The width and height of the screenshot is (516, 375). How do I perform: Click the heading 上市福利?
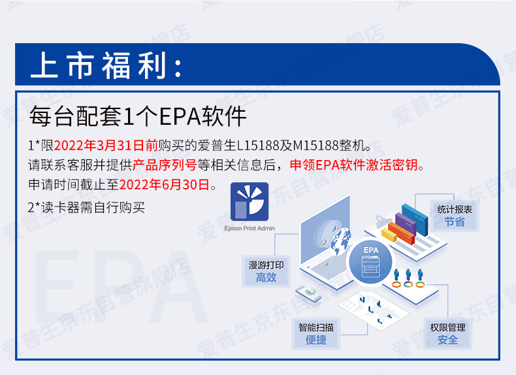[x=106, y=65]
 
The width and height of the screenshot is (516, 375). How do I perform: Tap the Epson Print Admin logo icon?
[x=250, y=201]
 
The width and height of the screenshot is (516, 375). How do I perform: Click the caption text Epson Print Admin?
[x=250, y=228]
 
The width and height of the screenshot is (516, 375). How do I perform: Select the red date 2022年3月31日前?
[x=106, y=145]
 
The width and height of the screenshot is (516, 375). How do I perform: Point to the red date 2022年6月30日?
[x=164, y=185]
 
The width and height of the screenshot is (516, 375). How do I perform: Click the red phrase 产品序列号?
[x=165, y=165]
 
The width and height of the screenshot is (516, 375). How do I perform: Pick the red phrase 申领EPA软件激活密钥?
[x=354, y=165]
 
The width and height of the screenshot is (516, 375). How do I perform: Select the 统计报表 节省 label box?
[x=455, y=216]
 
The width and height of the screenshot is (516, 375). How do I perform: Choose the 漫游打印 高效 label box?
[x=266, y=271]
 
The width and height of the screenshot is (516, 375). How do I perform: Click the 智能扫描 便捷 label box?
[x=316, y=334]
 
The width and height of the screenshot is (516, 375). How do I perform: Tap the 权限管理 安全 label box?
[x=447, y=334]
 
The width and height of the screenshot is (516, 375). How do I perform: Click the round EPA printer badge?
[x=371, y=263]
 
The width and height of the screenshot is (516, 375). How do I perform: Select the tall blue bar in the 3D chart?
[x=415, y=220]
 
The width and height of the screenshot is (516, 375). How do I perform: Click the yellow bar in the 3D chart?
[x=389, y=235]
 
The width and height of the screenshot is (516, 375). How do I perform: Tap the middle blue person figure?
[x=408, y=275]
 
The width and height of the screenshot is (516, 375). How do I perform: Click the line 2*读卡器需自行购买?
[x=86, y=208]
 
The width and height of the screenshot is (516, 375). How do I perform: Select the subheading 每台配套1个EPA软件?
[x=138, y=116]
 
